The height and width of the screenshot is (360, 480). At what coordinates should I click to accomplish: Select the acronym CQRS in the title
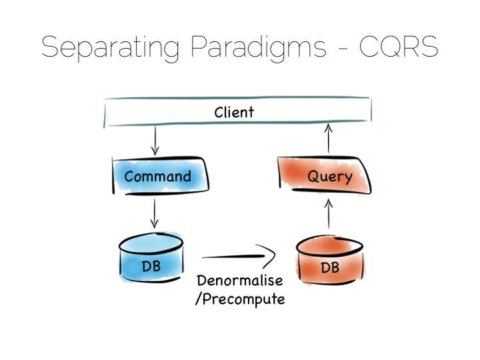399,47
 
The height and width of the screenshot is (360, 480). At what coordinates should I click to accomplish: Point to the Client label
234,113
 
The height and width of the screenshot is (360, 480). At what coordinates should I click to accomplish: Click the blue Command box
161,176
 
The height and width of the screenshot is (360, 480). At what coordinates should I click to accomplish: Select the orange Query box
325,175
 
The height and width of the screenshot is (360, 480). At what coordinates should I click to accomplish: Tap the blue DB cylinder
151,258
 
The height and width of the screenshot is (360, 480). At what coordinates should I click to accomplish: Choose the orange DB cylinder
330,260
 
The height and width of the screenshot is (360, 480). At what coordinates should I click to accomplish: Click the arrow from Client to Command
155,141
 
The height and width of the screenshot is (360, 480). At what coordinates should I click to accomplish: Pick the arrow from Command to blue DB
154,214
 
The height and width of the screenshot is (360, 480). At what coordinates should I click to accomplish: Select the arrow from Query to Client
329,139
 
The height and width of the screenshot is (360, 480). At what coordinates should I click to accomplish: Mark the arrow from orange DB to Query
329,214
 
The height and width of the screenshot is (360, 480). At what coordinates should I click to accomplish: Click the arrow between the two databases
239,257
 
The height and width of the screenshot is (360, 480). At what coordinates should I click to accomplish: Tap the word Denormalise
240,281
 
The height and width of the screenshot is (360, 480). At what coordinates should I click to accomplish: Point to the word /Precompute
240,299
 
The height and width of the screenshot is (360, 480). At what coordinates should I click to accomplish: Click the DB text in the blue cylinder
151,266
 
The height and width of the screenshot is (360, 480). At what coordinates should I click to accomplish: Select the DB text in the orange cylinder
330,268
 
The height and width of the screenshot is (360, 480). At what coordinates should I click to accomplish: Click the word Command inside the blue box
157,176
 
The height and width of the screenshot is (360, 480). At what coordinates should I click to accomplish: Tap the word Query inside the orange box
330,177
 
